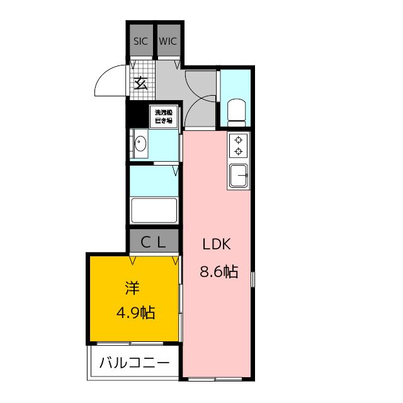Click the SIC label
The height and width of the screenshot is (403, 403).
(140, 41)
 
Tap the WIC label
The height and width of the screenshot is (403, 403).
(167, 41)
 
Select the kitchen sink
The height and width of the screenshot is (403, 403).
(239, 175)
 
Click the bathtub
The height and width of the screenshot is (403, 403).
(154, 210)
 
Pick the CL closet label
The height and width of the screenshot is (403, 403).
(153, 241)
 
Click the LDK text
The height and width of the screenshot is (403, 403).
(217, 245)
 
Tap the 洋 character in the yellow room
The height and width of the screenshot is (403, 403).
(132, 288)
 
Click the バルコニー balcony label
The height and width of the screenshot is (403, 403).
(133, 363)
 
